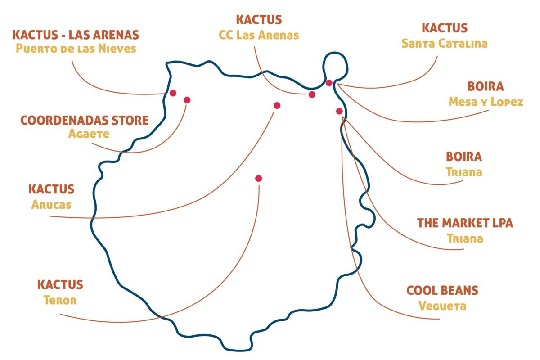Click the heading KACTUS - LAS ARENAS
[76, 35]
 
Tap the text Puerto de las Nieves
[76, 49]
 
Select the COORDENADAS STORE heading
[85, 121]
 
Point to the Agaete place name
[89, 134]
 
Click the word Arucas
[51, 205]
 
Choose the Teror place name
[60, 300]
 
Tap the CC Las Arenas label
[259, 35]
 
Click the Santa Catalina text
[445, 44]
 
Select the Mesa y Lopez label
[486, 102]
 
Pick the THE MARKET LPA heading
[465, 223]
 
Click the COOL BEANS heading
[442, 290]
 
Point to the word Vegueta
[442, 306]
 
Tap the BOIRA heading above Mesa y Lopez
[486, 86]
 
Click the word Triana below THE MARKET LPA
[465, 238]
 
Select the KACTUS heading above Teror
[60, 285]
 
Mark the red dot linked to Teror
[258, 179]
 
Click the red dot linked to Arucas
[277, 106]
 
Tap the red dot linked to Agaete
[187, 100]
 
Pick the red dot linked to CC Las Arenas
[312, 94]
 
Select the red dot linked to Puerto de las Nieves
[173, 93]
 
